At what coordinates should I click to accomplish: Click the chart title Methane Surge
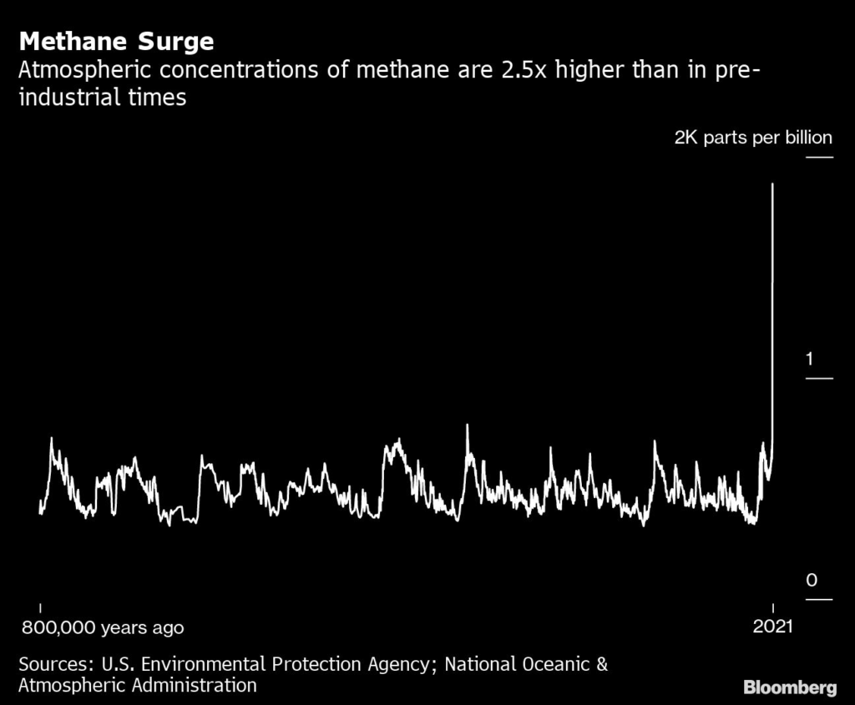116,42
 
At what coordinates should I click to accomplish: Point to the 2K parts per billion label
753,138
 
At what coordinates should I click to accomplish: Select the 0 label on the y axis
811,580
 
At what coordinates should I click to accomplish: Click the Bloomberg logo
790,687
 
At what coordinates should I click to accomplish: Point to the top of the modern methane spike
773,184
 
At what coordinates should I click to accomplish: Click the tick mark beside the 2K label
819,158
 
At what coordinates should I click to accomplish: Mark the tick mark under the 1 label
819,379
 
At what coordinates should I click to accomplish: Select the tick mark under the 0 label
819,599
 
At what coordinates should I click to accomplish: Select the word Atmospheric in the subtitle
78,70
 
